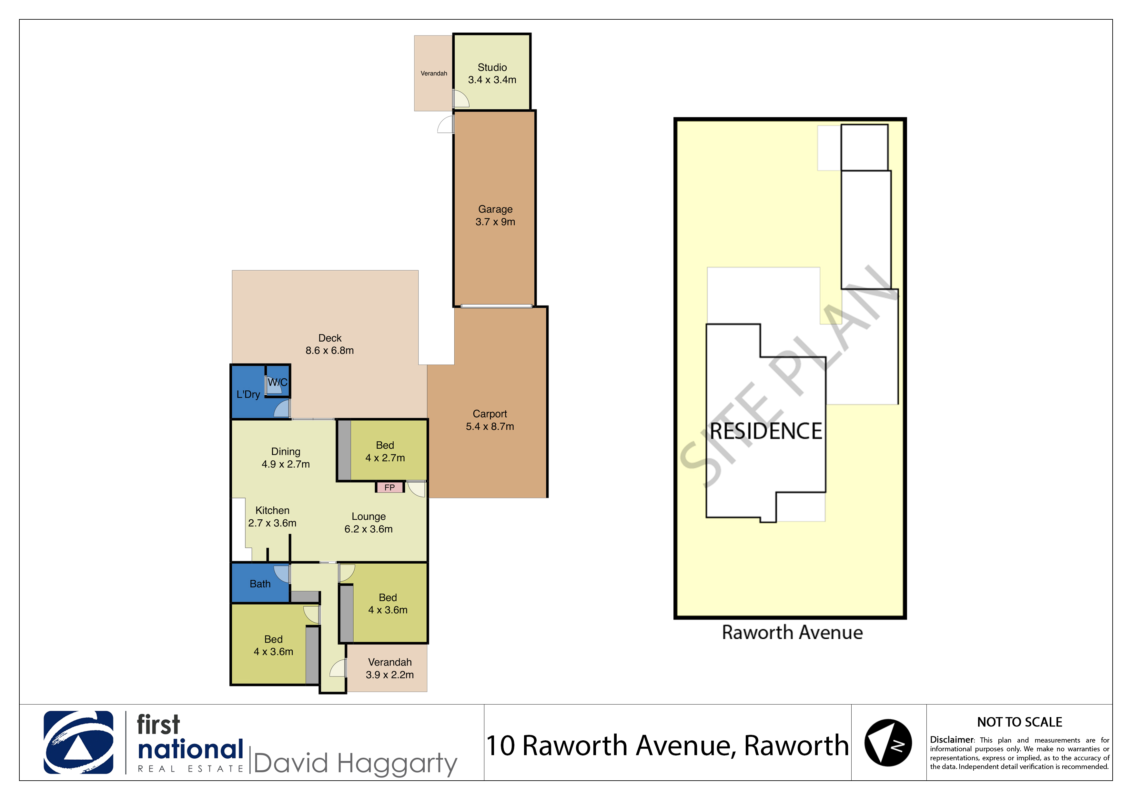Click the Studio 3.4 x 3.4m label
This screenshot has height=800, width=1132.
[x=492, y=74]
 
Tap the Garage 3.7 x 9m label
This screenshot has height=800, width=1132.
[x=495, y=215]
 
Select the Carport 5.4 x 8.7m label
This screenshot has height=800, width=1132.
[x=490, y=420]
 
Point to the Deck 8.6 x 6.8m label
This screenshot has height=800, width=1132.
[x=329, y=344]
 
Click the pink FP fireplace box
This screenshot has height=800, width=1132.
[x=389, y=487]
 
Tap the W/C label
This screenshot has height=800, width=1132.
[x=278, y=382]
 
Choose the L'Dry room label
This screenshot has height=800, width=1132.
[x=248, y=394]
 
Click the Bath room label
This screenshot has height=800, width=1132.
[x=260, y=584]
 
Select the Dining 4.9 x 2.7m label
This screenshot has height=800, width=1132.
[x=286, y=457]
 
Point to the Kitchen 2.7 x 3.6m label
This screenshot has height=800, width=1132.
[x=272, y=516]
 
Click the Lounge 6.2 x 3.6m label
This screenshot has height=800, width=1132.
[x=368, y=523]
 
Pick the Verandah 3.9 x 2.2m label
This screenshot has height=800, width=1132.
[x=389, y=668]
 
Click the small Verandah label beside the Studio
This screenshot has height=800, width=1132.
[x=434, y=74]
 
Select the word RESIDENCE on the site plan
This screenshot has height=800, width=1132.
[x=766, y=431]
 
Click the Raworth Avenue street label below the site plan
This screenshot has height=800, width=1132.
[x=792, y=632]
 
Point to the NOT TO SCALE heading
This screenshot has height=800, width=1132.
[x=1020, y=722]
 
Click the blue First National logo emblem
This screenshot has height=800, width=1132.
[x=78, y=742]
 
